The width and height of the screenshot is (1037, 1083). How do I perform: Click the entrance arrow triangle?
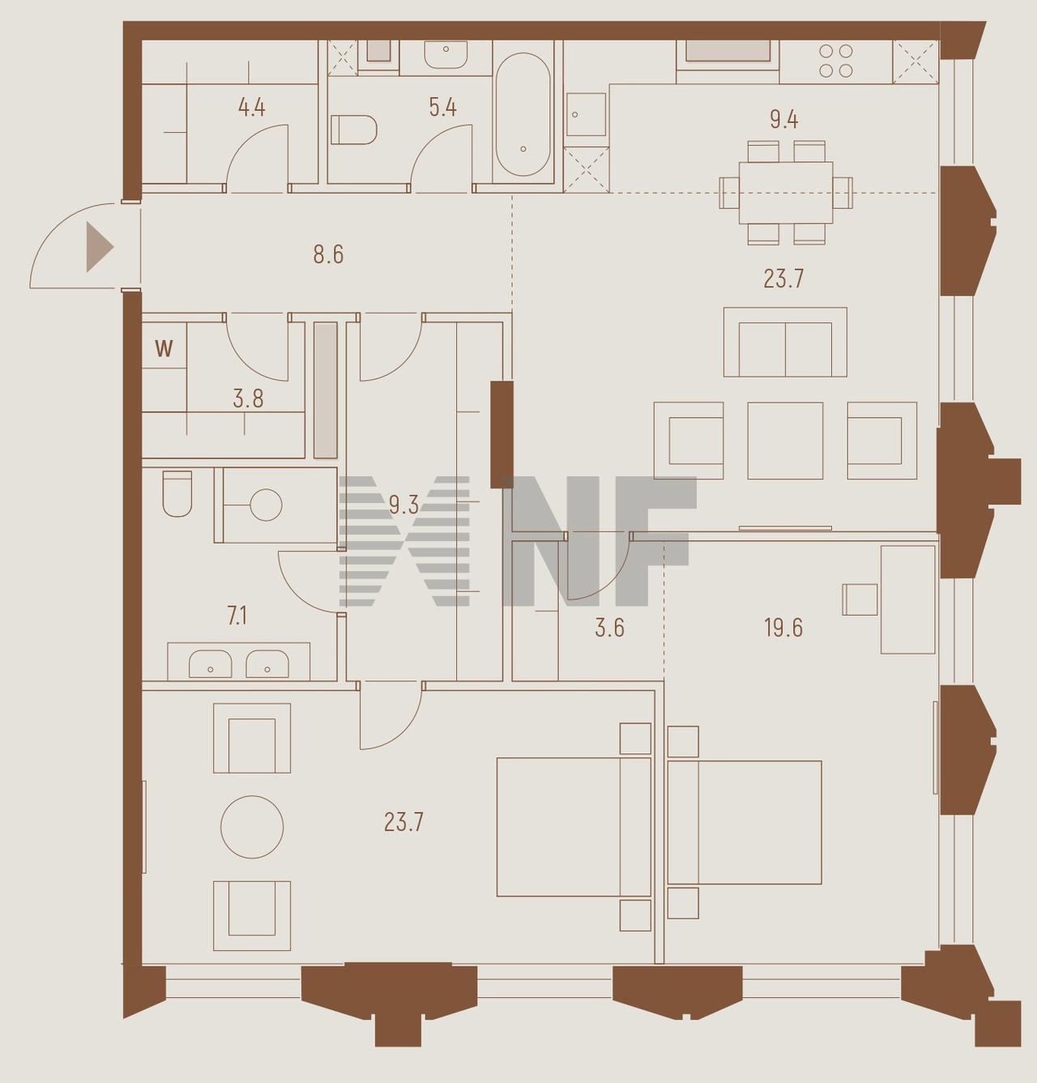pyautogui.click(x=99, y=246)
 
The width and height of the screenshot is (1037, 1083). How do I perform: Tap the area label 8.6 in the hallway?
pyautogui.click(x=328, y=254)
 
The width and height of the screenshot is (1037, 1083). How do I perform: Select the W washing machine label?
pyautogui.click(x=164, y=349)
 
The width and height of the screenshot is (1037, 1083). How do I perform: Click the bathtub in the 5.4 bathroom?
pyautogui.click(x=523, y=115)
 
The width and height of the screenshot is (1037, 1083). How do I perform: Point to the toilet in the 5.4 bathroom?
pyautogui.click(x=353, y=130)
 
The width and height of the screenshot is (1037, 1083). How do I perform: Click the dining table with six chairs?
pyautogui.click(x=785, y=193)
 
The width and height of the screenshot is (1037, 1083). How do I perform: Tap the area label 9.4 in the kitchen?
pyautogui.click(x=783, y=120)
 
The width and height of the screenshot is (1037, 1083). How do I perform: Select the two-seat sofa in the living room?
pyautogui.click(x=785, y=342)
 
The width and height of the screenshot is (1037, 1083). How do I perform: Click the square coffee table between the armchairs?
pyautogui.click(x=785, y=440)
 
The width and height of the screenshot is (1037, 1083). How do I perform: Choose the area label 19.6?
pyautogui.click(x=783, y=628)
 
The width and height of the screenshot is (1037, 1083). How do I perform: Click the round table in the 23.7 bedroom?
pyautogui.click(x=252, y=826)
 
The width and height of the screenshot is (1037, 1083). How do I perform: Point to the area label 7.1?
pyautogui.click(x=237, y=616)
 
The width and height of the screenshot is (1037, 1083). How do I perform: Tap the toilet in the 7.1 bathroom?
pyautogui.click(x=177, y=493)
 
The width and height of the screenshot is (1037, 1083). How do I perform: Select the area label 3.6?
pyautogui.click(x=609, y=628)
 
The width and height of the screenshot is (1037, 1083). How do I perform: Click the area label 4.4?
pyautogui.click(x=251, y=107)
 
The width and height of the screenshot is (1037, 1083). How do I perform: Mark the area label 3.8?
pyautogui.click(x=248, y=399)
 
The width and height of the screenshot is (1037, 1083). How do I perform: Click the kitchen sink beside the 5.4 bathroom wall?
pyautogui.click(x=586, y=115)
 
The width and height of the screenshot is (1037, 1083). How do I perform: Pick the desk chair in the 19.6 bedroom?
pyautogui.click(x=860, y=599)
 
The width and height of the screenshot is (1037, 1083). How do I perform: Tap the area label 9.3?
pyautogui.click(x=403, y=505)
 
